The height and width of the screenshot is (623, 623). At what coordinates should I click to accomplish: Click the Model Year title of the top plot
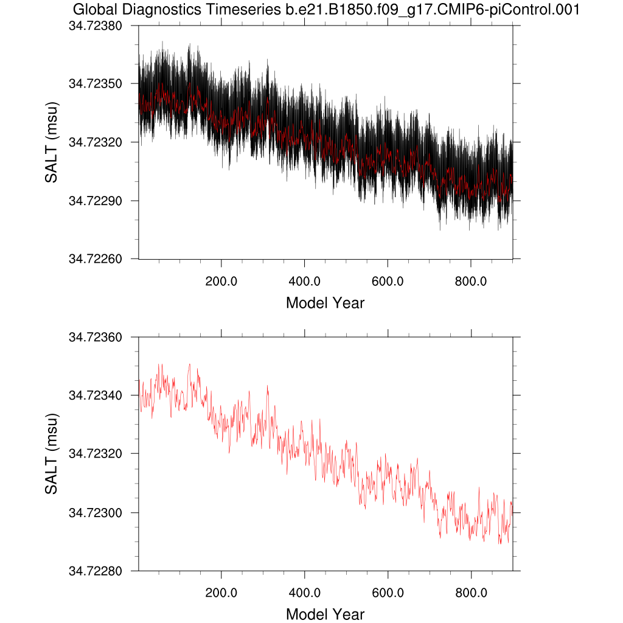[325, 302]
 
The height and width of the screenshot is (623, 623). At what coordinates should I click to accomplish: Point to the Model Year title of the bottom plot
[325, 614]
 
